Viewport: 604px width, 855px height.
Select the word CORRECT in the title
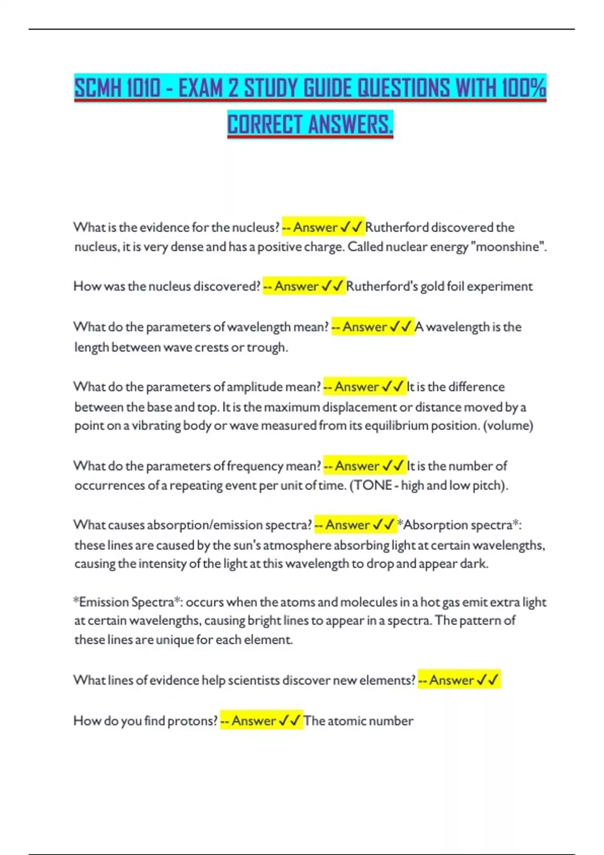coord(264,125)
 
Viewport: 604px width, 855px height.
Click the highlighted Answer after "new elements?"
coord(451,680)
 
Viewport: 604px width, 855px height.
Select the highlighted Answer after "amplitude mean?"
coord(356,387)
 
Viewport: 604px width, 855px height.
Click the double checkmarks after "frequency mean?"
coord(393,466)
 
